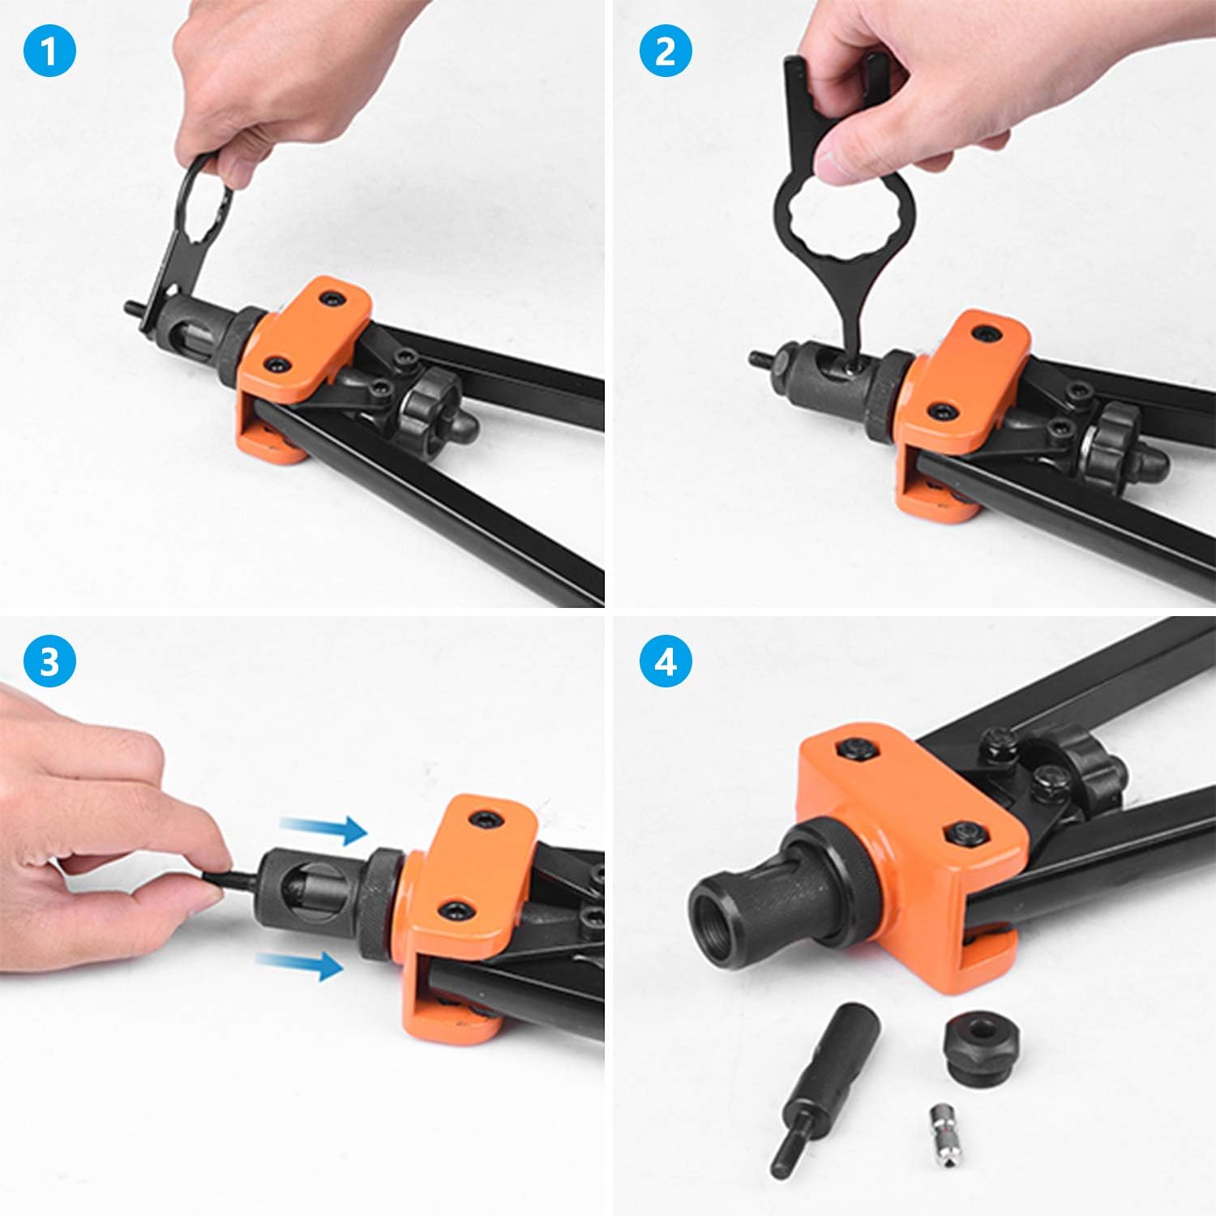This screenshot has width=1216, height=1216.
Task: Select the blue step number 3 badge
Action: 49,662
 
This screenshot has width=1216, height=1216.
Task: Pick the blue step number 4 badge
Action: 666,662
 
